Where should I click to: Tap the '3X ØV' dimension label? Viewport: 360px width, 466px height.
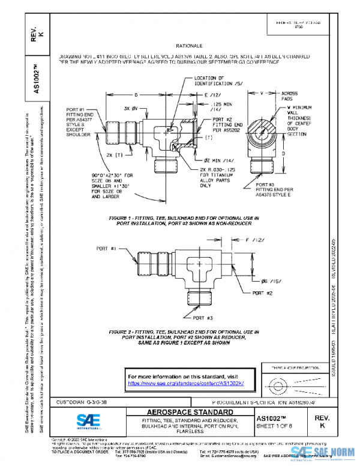click(131, 108)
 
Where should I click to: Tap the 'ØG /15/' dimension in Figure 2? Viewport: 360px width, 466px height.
click(263, 280)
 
